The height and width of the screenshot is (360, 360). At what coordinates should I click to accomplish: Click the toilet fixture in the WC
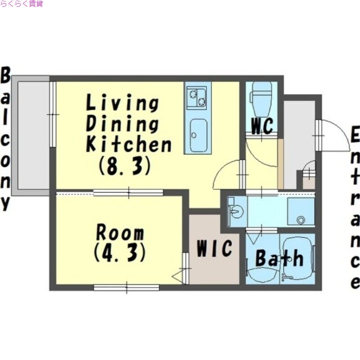point(262,99)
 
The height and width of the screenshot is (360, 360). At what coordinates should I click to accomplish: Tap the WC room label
point(262,126)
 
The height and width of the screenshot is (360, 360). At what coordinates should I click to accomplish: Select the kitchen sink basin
point(198,135)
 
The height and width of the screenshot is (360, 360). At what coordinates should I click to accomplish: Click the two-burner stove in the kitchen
point(196,97)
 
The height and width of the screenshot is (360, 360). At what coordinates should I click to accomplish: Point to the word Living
point(122,104)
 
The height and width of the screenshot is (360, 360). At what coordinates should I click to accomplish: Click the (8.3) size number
point(125,165)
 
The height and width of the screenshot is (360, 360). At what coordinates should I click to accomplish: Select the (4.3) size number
point(120,252)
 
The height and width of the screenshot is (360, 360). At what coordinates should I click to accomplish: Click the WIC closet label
point(214,248)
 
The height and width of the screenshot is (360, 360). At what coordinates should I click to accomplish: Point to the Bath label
point(279,258)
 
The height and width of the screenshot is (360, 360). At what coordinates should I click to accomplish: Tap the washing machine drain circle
point(301,220)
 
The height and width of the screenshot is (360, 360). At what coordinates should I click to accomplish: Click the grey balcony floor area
point(33,135)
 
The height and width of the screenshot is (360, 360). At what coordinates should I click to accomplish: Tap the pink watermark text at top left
point(22,4)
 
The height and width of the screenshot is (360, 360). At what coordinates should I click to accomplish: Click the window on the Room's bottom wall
point(126,288)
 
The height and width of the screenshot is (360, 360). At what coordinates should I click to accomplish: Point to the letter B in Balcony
point(5,75)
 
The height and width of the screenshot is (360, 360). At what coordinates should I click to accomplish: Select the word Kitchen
point(129,144)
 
